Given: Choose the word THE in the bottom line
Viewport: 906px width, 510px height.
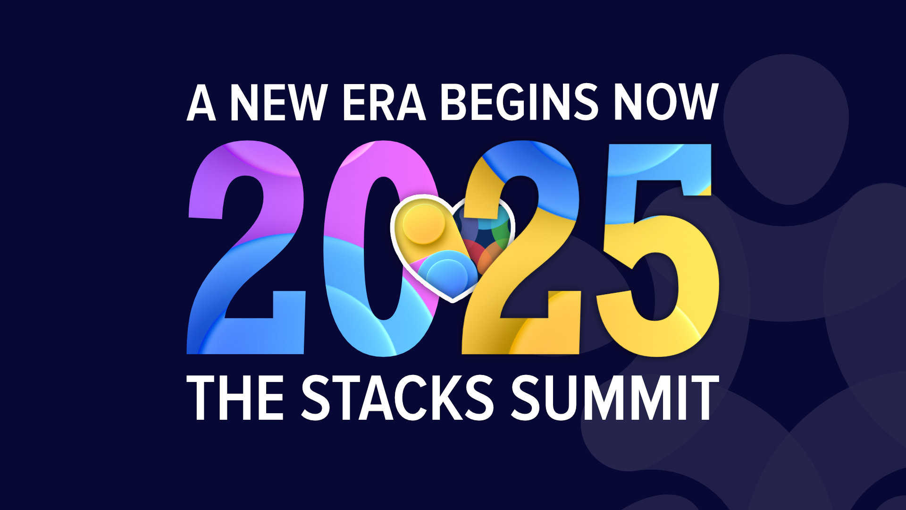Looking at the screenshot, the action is tap(235, 398).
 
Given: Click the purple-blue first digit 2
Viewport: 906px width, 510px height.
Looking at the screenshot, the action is tap(246, 247).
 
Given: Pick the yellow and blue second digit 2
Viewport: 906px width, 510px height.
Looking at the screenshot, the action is tap(521, 247).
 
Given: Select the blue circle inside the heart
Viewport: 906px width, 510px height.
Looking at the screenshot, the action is tap(441, 274).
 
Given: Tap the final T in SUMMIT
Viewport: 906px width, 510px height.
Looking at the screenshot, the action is tap(704, 398).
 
